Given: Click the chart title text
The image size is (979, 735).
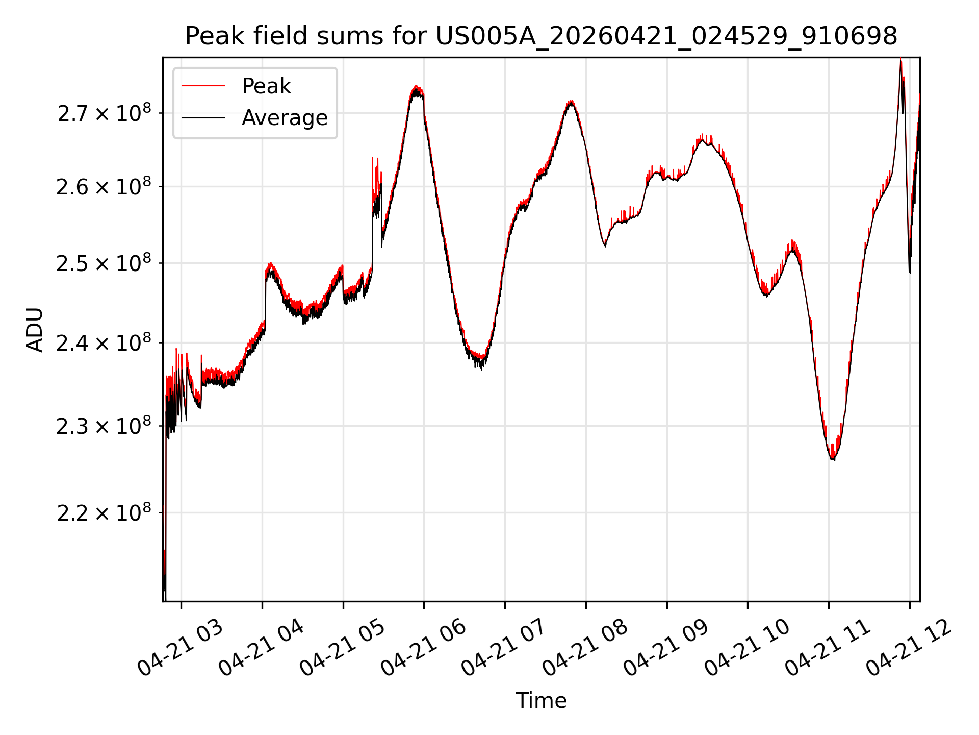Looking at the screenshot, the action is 541,36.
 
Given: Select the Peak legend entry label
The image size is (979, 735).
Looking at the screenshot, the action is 266,86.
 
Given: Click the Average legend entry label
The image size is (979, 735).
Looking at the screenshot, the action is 285,118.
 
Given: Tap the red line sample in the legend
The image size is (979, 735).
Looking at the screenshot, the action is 203,86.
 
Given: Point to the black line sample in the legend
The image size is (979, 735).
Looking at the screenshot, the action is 203,118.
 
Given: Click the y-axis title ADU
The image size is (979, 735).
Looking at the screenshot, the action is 35,330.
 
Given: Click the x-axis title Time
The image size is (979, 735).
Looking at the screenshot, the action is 541,701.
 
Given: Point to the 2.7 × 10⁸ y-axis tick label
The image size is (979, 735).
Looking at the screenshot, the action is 104,113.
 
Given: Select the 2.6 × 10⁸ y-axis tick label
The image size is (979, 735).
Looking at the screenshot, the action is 104,187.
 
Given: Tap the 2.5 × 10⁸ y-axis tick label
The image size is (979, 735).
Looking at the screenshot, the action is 104,264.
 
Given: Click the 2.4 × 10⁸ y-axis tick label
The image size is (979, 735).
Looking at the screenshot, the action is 104,343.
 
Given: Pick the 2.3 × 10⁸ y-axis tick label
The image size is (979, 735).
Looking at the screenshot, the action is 104,426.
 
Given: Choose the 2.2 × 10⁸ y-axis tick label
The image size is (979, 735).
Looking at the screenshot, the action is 104,513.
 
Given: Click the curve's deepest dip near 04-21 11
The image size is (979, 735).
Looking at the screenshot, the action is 832,459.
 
